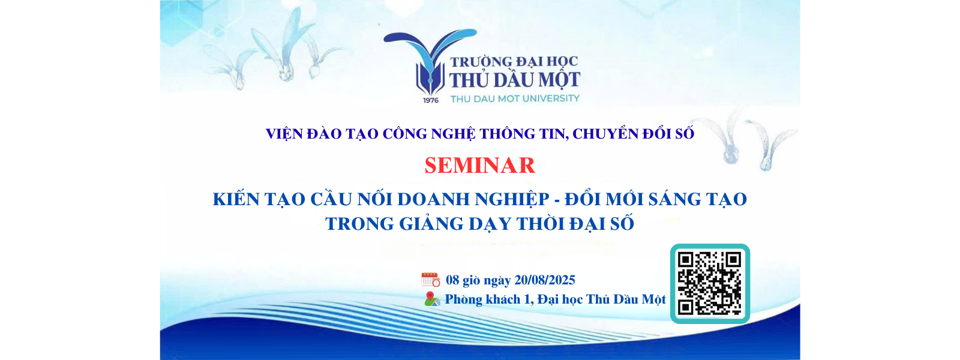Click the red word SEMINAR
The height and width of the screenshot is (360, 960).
pyautogui.click(x=479, y=166)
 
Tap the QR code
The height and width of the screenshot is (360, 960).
pyautogui.click(x=710, y=284)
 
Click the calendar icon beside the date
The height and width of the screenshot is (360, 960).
pyautogui.click(x=431, y=280)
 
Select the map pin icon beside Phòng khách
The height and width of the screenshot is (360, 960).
pyautogui.click(x=432, y=299)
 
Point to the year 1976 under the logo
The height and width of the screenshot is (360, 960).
pyautogui.click(x=431, y=100)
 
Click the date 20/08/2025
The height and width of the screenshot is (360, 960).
pyautogui.click(x=544, y=280)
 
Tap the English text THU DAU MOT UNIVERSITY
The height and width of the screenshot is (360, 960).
pyautogui.click(x=515, y=98)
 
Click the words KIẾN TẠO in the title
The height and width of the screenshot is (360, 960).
pyautogui.click(x=259, y=199)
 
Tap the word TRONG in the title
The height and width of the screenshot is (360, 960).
pyautogui.click(x=359, y=224)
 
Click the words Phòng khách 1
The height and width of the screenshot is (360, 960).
pyautogui.click(x=488, y=299)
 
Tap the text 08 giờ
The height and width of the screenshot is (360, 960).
pyautogui.click(x=463, y=280)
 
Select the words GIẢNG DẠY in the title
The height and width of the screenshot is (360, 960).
pyautogui.click(x=455, y=224)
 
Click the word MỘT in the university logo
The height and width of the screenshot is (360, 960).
pyautogui.click(x=556, y=79)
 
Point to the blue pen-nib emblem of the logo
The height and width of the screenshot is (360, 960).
pyautogui.click(x=430, y=62)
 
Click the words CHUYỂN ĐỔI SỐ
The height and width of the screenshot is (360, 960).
pyautogui.click(x=633, y=134)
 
